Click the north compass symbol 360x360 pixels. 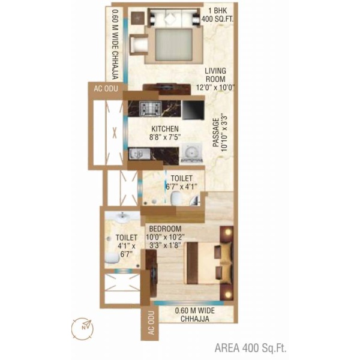click(82, 329)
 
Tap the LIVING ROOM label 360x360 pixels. click(215, 75)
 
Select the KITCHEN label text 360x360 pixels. click(165, 128)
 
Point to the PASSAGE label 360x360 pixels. click(216, 133)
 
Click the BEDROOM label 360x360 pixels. click(166, 229)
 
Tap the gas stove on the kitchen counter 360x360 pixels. click(150, 109)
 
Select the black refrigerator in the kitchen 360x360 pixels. click(193, 110)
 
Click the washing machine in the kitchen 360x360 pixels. click(192, 153)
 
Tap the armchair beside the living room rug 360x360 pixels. click(139, 45)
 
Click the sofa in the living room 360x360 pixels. click(173, 17)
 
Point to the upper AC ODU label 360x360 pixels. click(106, 89)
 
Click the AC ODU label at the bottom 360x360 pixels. click(151, 323)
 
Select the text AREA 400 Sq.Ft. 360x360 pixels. click(250, 347)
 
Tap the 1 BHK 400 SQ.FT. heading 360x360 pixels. click(217, 14)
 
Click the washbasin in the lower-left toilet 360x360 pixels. click(122, 217)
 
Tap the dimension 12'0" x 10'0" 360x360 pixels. click(215, 88)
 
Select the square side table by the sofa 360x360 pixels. click(138, 17)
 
